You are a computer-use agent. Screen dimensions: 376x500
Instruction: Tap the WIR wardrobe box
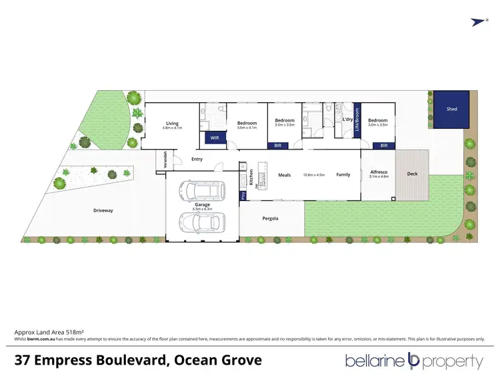click(x=214, y=138)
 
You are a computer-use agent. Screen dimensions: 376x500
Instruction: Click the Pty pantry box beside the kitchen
click(x=243, y=196)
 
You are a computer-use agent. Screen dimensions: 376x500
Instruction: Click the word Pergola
click(x=270, y=218)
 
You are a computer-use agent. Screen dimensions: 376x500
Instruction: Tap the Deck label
click(x=412, y=174)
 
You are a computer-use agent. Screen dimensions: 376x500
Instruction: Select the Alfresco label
click(x=378, y=173)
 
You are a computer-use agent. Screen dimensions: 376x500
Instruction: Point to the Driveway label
click(x=103, y=210)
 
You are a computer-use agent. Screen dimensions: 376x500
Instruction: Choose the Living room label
click(x=173, y=123)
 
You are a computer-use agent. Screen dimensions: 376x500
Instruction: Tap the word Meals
click(x=285, y=175)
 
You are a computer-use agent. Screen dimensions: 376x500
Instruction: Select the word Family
click(x=343, y=175)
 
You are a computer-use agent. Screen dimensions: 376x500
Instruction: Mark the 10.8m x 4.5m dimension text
click(x=313, y=175)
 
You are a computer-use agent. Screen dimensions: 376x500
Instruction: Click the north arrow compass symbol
click(x=476, y=22)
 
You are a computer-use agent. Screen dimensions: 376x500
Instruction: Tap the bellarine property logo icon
click(x=413, y=362)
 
